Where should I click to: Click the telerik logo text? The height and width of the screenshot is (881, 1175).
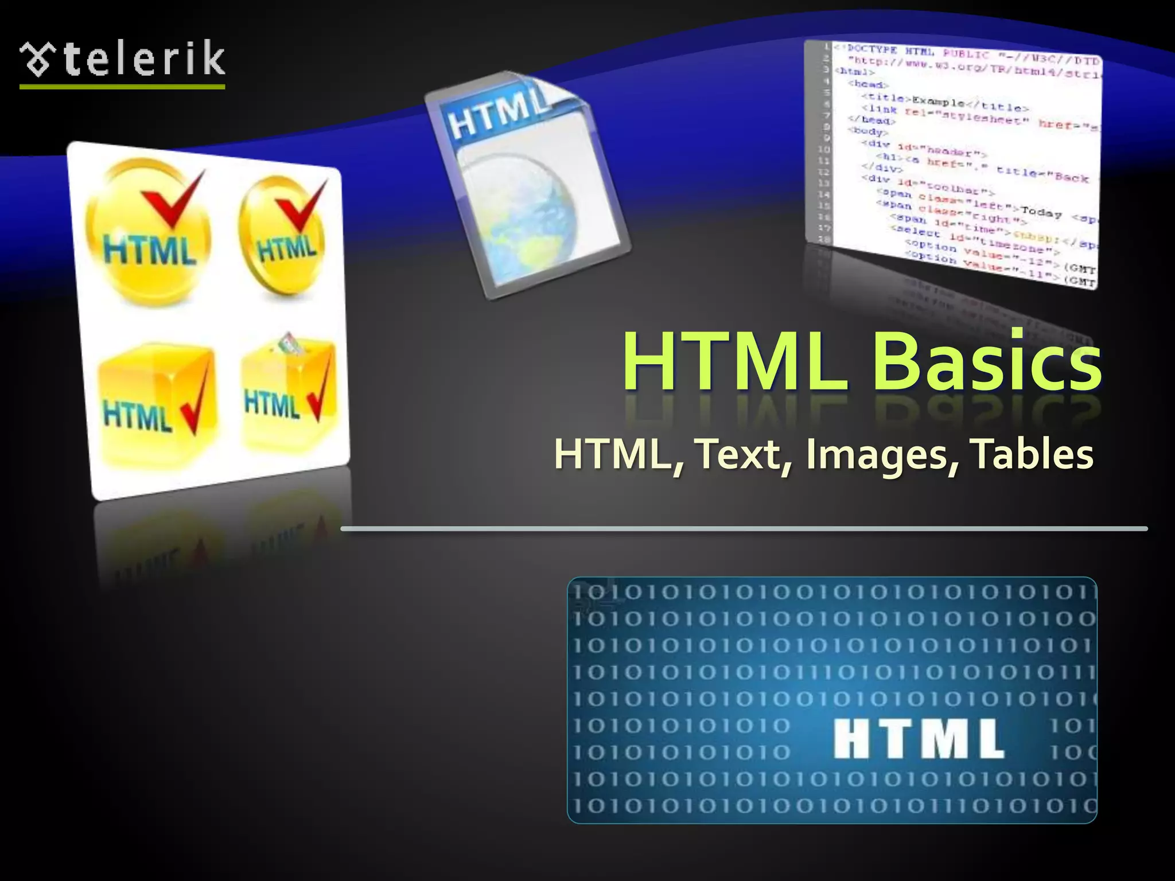143,59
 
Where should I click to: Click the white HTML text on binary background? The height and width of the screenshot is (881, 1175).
918,739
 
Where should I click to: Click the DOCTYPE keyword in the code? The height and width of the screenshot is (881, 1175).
873,49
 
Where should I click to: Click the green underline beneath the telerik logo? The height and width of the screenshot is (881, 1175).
122,87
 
